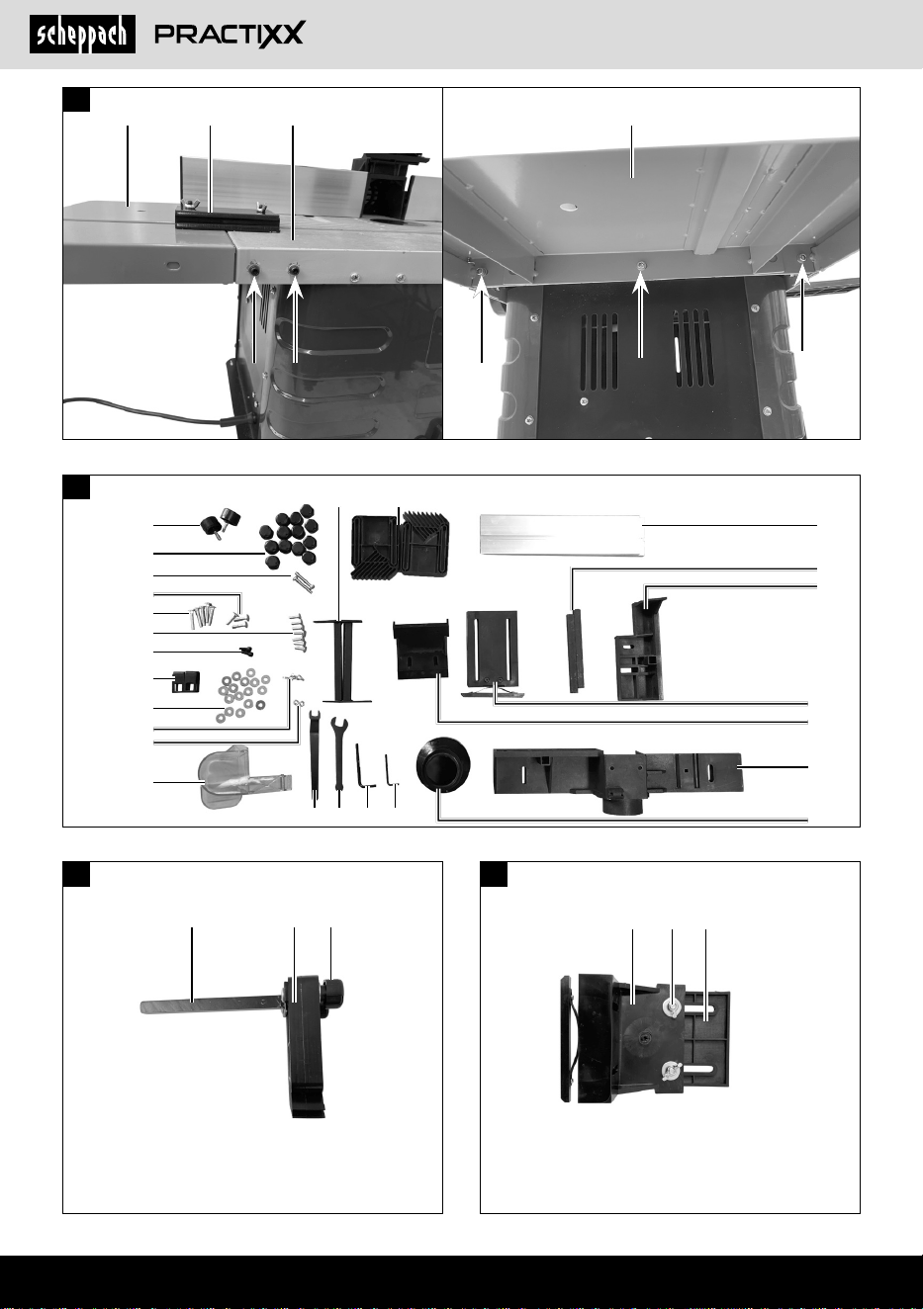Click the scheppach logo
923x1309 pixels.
(82, 35)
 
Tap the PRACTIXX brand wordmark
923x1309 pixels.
(230, 34)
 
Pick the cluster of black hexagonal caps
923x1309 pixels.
(289, 536)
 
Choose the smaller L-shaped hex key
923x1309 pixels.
(389, 770)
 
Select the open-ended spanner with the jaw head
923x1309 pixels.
(338, 753)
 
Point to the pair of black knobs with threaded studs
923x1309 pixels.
(220, 522)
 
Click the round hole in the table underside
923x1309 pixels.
(568, 207)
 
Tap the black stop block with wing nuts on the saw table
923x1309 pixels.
(227, 218)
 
